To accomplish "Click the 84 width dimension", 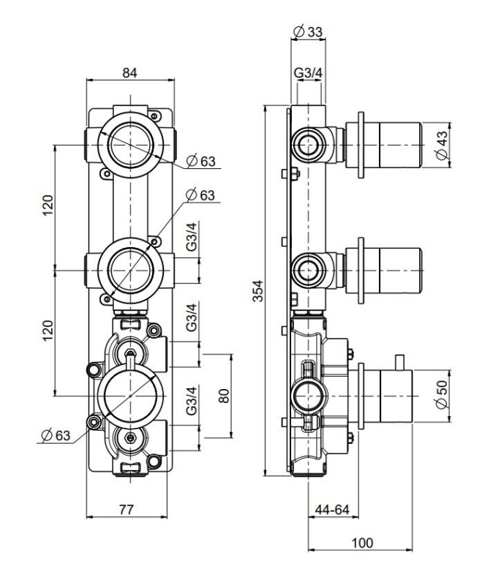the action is coord(130,72).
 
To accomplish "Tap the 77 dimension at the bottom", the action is coord(127,509).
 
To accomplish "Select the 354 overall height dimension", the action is coord(257,290).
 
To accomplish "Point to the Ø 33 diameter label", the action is coord(308,31).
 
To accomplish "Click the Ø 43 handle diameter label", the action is coord(442,145).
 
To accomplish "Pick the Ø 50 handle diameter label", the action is coord(442,394).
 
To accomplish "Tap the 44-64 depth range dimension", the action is coord(332,509).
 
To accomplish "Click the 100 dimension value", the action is coord(362,543).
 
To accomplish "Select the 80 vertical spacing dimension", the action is coord(224,396).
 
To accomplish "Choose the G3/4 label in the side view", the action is coord(308,72).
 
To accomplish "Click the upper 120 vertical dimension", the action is coord(48,205).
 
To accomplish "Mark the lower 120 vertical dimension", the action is coord(48,331).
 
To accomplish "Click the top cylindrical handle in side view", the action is coord(384,145).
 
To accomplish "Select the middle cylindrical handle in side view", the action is coord(384,270).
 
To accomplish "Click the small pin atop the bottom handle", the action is coord(399,362).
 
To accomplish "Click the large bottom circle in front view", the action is coord(131,396).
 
